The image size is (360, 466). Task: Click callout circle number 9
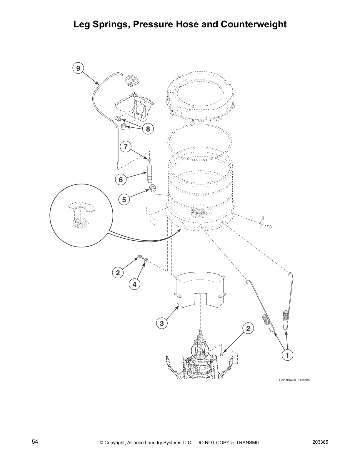[x=78, y=68]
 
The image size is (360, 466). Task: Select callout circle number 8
[x=148, y=129]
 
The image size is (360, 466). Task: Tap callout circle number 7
[x=126, y=147]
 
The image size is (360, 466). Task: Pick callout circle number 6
[x=121, y=179]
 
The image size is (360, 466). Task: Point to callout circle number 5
[x=124, y=200]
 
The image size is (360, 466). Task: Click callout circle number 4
[x=134, y=284]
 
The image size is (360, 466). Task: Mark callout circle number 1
[x=287, y=355]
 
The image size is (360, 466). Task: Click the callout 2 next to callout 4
[x=118, y=273]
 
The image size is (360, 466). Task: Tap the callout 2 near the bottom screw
[x=248, y=328]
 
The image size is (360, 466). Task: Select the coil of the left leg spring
[x=266, y=319]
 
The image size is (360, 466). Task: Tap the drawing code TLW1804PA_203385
[x=293, y=380]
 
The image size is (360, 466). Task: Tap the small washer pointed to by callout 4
[x=146, y=259]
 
